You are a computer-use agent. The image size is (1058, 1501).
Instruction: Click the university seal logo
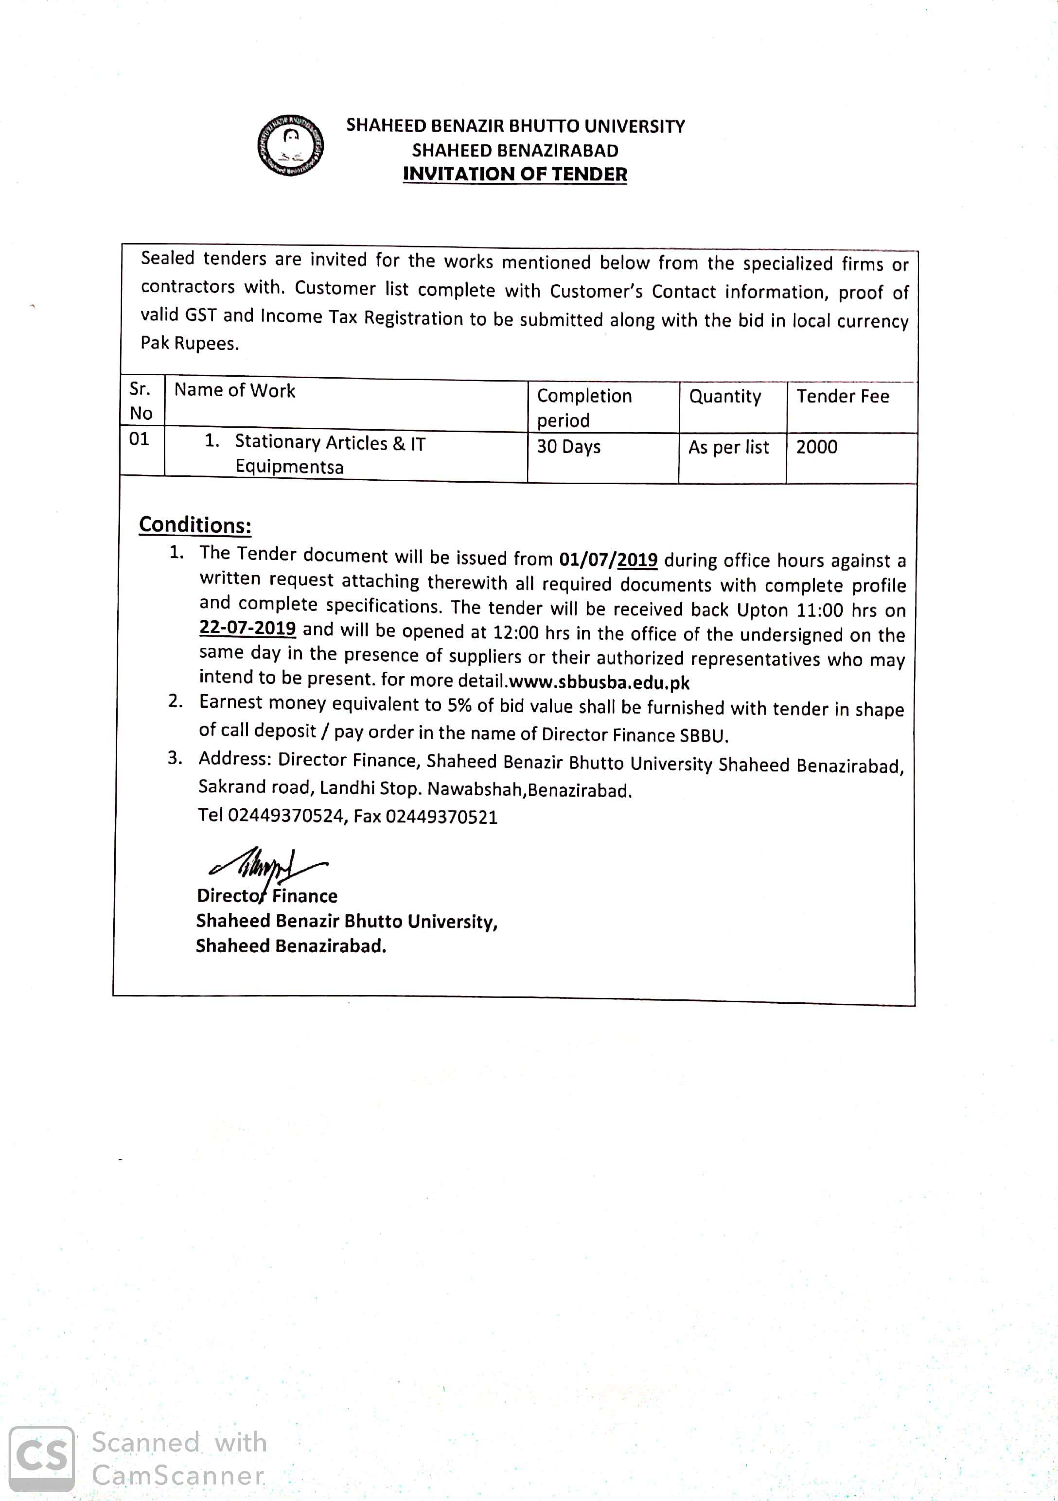point(290,145)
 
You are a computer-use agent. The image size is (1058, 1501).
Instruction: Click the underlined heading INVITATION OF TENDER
point(514,175)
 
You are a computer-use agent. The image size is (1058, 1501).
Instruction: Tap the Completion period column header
point(584,407)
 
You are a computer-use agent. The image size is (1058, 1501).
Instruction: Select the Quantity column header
point(724,397)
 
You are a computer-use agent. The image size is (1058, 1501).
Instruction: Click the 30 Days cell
point(568,447)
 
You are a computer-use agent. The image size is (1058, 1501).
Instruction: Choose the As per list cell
point(728,447)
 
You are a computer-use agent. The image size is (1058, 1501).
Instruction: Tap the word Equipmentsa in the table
point(289,467)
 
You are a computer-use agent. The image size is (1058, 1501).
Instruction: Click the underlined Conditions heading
point(195,525)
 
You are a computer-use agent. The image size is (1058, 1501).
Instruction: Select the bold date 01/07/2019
point(608,559)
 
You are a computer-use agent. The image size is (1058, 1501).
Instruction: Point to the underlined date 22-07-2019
point(247,628)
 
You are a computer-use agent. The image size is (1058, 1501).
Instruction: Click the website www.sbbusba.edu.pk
point(599,682)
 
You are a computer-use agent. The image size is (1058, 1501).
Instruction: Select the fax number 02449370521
point(441,817)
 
